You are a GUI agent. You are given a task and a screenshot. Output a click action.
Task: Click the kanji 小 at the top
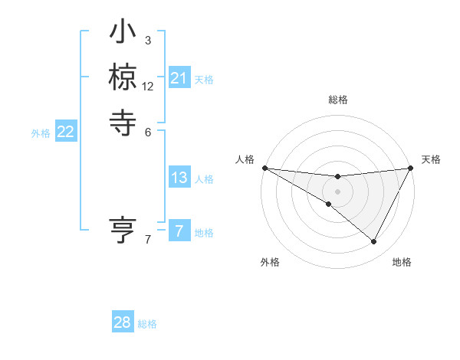(123, 35)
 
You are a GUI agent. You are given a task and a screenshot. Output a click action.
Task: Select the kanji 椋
(123, 77)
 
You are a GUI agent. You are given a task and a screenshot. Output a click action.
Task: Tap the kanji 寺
(123, 120)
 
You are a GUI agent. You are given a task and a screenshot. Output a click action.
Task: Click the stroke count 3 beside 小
(148, 40)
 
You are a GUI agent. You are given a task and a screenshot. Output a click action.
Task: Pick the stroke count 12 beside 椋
(148, 87)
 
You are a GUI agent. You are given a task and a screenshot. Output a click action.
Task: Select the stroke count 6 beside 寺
(148, 131)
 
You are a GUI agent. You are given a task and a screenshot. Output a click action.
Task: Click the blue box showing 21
(179, 78)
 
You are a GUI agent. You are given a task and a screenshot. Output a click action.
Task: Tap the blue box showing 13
(179, 178)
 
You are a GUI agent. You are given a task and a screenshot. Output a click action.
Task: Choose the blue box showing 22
(65, 133)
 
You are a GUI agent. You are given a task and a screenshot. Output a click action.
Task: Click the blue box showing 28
(123, 322)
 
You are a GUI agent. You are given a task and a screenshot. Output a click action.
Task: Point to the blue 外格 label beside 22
(41, 133)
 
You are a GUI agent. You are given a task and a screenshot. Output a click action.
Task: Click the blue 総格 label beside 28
(147, 324)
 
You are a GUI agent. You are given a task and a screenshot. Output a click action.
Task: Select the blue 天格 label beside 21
(204, 79)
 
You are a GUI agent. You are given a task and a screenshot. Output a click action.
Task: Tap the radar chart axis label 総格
(337, 100)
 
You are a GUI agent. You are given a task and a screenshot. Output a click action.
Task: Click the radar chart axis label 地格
(402, 262)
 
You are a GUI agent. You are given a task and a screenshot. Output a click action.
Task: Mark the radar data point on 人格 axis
(264, 167)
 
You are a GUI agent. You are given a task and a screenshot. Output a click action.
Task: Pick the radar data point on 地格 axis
(374, 242)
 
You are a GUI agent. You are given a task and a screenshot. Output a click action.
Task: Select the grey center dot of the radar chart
(337, 191)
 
